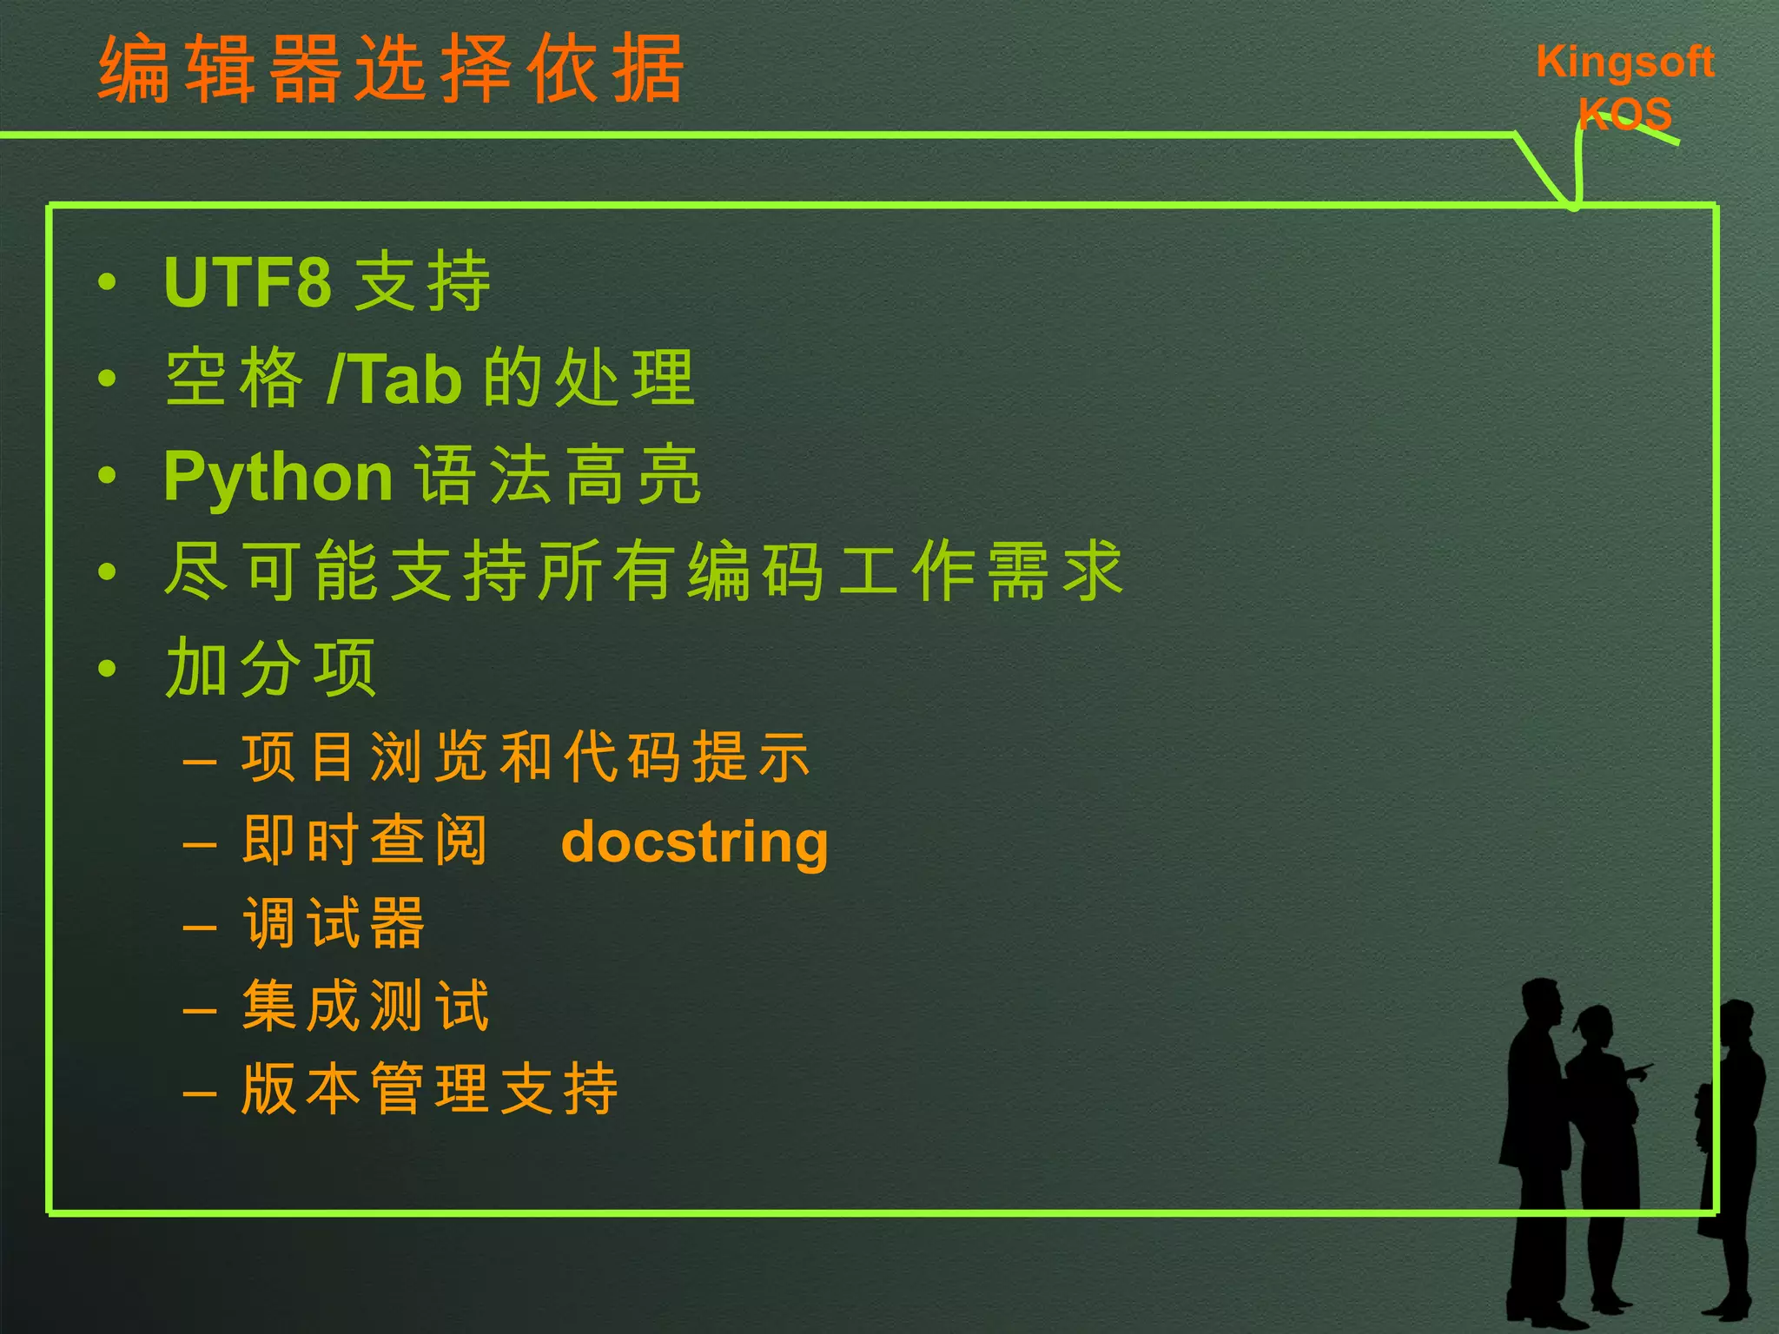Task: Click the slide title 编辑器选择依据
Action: [x=391, y=69]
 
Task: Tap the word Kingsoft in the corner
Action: [x=1624, y=63]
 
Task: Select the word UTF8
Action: [x=248, y=282]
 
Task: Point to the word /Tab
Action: [x=395, y=380]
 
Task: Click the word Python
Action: [x=278, y=477]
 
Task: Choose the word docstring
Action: [x=694, y=842]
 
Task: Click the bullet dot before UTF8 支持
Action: [x=107, y=281]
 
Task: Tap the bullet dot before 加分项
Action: [x=107, y=668]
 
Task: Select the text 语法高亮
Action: [x=558, y=476]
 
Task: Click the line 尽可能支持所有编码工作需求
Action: [x=643, y=571]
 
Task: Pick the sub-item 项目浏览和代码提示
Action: [x=526, y=757]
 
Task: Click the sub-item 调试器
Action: [x=334, y=922]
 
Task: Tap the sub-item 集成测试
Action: [x=366, y=1006]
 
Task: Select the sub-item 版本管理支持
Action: [x=430, y=1088]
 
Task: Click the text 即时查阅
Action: [x=365, y=841]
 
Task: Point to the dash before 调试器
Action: [x=200, y=927]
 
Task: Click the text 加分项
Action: [x=271, y=668]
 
